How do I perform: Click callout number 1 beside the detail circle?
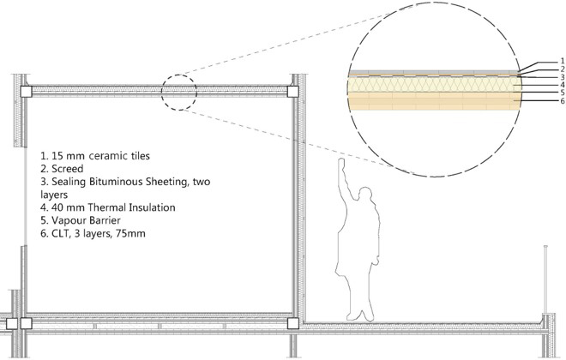point(562,60)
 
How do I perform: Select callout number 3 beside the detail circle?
point(562,76)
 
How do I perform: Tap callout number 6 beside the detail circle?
point(562,101)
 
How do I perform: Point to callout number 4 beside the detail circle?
point(562,85)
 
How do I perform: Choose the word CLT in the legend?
point(62,232)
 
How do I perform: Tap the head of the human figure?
point(366,195)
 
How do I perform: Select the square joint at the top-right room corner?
point(293,90)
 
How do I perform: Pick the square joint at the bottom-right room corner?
point(293,323)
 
